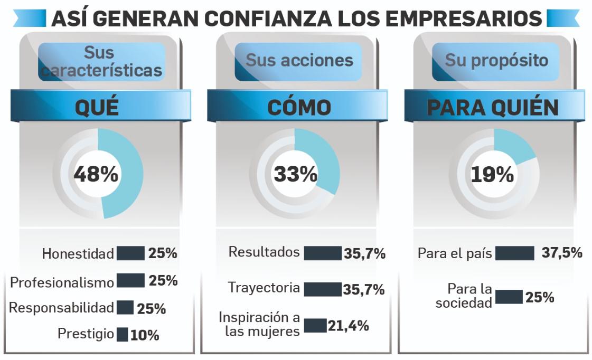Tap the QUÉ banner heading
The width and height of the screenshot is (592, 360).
(97, 107)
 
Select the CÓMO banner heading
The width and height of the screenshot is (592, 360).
(299, 107)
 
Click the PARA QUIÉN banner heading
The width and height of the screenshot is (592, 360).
(492, 107)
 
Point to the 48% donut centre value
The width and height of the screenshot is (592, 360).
(96, 174)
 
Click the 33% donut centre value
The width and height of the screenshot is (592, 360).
(295, 174)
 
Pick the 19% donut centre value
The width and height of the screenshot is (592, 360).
(492, 174)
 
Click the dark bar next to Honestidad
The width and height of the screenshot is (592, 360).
(130, 253)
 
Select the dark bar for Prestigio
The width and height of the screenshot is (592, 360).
(123, 334)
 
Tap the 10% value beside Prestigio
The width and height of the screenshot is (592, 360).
(145, 335)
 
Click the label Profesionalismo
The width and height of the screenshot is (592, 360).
(62, 282)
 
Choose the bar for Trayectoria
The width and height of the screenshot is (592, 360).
(323, 289)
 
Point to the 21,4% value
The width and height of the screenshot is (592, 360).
(349, 326)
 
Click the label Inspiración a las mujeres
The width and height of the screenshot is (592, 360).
(259, 325)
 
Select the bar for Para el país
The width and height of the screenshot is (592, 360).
(515, 253)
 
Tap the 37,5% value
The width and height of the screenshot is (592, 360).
(562, 253)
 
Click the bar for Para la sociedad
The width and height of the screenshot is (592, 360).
(509, 297)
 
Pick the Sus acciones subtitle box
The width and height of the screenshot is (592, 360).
(299, 61)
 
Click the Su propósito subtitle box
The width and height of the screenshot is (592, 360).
(496, 61)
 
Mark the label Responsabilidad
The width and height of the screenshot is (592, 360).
(62, 308)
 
